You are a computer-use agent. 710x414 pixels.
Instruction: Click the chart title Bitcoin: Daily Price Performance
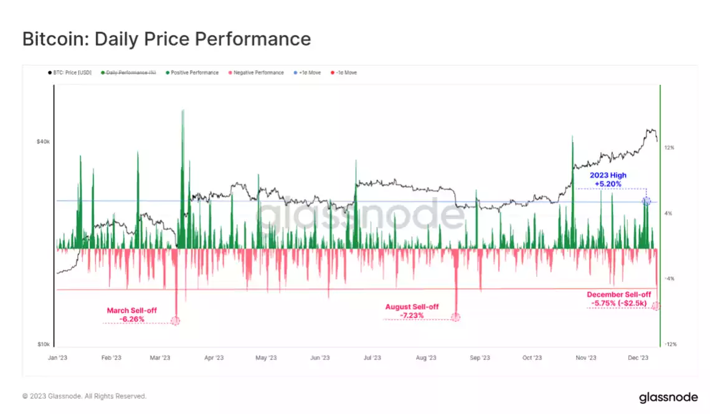point(166,39)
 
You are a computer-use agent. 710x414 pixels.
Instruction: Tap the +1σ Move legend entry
point(309,73)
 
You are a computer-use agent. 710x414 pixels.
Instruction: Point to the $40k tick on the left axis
point(43,142)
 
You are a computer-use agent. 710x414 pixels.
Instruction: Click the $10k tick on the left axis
point(43,344)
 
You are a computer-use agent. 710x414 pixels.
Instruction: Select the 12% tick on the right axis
point(670,148)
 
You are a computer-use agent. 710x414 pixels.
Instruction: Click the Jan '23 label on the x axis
point(58,358)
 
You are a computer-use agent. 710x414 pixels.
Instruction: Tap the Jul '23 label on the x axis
point(372,358)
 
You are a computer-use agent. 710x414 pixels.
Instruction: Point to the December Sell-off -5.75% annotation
point(618,299)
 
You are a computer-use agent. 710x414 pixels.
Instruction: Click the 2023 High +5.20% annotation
point(608,180)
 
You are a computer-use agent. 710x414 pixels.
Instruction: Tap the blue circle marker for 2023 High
point(646,201)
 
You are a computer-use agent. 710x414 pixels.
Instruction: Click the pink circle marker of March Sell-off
point(175,320)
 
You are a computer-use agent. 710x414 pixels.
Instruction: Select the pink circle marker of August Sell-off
point(455,317)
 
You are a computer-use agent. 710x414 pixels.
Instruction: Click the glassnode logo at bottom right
point(668,397)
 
